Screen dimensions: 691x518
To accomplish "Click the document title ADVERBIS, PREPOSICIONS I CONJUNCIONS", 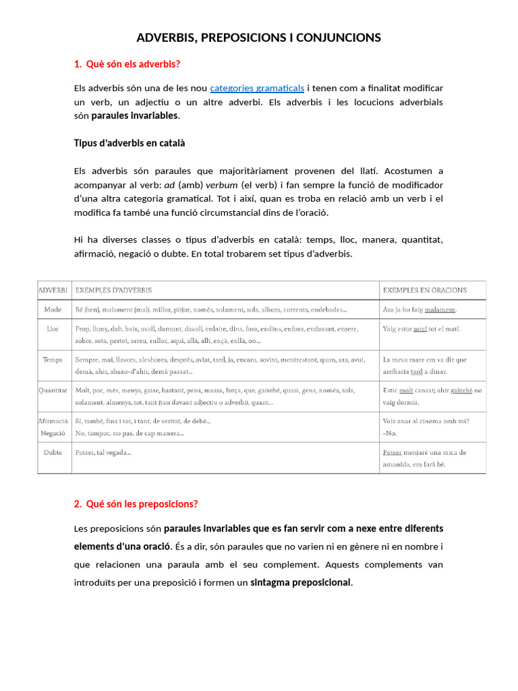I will [x=258, y=38].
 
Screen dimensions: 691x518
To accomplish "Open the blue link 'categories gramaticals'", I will [x=257, y=88].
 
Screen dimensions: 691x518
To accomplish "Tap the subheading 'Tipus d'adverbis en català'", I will [x=129, y=143].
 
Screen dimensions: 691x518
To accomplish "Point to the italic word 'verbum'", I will [x=222, y=185].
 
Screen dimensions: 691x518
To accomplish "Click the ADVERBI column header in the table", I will [x=53, y=290].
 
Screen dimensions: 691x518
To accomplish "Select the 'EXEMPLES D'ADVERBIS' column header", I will [x=113, y=290].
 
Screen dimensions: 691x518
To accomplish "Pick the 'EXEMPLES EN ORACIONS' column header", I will [x=425, y=290].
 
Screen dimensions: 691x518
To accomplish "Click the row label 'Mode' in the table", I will [x=53, y=310].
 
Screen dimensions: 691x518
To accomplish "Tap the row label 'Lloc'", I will [x=53, y=329].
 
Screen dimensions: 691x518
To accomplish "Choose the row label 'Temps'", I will [x=53, y=360].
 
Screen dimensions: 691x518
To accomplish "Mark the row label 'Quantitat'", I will [x=53, y=390].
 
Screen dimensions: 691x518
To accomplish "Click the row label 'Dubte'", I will [x=53, y=452].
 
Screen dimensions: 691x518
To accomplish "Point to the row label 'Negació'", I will [x=53, y=433].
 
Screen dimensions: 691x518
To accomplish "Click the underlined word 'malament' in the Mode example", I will [x=440, y=310].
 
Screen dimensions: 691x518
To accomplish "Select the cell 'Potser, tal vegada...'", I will [x=103, y=452].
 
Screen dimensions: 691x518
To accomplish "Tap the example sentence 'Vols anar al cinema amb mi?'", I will [x=426, y=421].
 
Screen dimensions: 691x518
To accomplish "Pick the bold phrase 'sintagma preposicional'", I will [x=301, y=582].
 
